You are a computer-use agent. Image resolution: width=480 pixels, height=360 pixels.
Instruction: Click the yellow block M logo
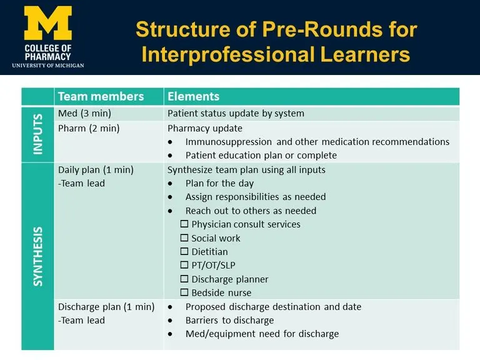point(48,23)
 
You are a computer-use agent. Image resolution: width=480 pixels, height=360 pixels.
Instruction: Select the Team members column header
point(101,96)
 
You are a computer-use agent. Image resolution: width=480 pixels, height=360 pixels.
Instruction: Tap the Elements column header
point(193,96)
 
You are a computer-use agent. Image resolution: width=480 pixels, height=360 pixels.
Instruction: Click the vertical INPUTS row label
point(37,134)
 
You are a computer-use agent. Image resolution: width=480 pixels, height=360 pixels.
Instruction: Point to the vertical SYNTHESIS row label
point(37,256)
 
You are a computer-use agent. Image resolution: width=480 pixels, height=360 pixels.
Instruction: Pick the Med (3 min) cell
point(83,113)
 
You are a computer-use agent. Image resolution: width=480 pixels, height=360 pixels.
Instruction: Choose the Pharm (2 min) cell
point(88,128)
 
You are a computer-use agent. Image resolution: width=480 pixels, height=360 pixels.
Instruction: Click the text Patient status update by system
point(236,113)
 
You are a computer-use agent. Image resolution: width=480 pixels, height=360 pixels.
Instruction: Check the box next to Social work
point(184,238)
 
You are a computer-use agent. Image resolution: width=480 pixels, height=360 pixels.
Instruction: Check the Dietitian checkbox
point(184,252)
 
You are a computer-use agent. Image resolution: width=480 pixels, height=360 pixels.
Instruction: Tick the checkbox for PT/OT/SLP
point(184,266)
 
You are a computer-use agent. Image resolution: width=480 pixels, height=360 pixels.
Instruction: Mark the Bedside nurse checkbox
point(184,293)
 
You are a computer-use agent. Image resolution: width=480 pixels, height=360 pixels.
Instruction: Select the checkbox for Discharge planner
point(184,279)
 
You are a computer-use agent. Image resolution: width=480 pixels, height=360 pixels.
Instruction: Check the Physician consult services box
point(184,224)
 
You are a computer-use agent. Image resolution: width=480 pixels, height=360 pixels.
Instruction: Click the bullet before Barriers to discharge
point(171,321)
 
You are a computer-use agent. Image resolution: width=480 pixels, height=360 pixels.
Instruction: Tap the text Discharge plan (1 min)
point(106,307)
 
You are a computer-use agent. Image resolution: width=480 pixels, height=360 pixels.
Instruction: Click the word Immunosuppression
point(228,142)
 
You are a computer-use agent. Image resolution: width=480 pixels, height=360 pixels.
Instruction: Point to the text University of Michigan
point(47,65)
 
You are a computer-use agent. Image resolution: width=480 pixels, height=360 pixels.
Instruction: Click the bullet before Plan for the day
point(171,184)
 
